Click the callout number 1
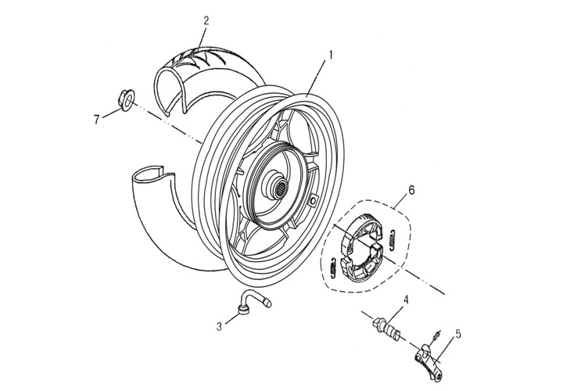pyautogui.click(x=331, y=56)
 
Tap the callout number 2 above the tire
pyautogui.click(x=206, y=21)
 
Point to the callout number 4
pyautogui.click(x=407, y=300)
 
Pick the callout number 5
pyautogui.click(x=458, y=333)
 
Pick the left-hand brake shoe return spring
pyautogui.click(x=334, y=266)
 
